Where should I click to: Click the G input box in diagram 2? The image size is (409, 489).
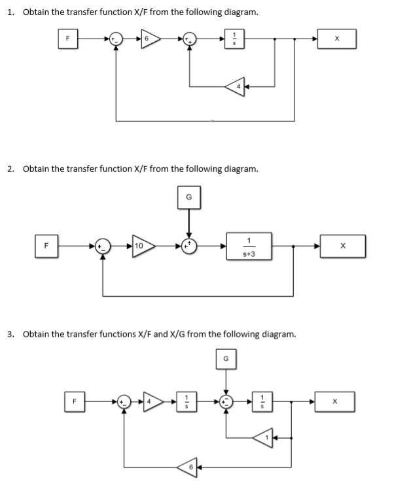(x=189, y=197)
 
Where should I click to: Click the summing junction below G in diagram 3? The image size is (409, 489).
(x=226, y=400)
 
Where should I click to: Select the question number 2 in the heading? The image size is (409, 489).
(x=10, y=169)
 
